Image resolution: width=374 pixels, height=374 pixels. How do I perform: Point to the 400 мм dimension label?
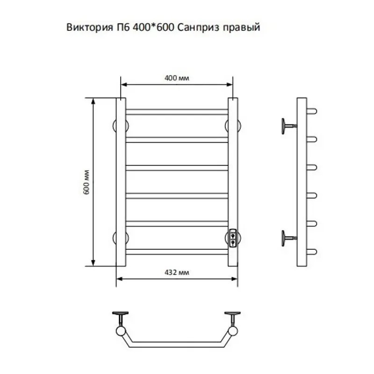pyautogui.click(x=177, y=78)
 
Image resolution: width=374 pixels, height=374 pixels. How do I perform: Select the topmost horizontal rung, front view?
pyautogui.click(x=177, y=112)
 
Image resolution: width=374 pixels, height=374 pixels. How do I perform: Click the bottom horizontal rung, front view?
pyautogui.click(x=177, y=252)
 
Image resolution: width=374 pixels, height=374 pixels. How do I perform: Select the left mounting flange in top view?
pyautogui.click(x=122, y=314)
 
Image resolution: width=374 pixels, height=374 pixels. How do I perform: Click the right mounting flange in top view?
pyautogui.click(x=232, y=314)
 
